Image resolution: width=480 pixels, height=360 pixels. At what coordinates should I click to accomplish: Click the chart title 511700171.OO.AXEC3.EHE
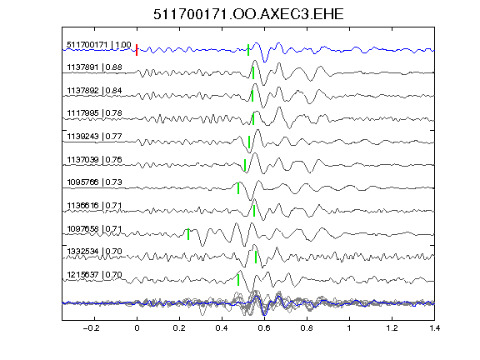(x=248, y=14)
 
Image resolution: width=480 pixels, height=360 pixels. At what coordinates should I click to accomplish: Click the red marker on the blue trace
(x=137, y=50)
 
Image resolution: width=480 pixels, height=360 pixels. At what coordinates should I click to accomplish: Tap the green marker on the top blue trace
(x=248, y=50)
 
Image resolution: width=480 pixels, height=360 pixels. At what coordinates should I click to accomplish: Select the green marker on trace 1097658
(x=188, y=234)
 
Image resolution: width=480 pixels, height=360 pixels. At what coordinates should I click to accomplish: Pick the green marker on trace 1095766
(x=238, y=188)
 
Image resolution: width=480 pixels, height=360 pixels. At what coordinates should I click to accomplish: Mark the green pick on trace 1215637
(x=238, y=280)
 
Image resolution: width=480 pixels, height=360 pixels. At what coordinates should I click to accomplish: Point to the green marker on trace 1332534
(x=256, y=257)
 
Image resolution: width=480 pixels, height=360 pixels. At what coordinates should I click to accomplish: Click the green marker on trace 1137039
(x=245, y=165)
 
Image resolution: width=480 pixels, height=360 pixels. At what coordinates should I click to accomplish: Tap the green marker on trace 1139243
(x=249, y=142)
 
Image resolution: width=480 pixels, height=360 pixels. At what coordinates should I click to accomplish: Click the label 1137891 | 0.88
(x=95, y=67)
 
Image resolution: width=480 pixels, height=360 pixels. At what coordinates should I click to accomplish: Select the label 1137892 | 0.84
(x=95, y=91)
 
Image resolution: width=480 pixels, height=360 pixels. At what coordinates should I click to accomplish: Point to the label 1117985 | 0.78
(x=95, y=113)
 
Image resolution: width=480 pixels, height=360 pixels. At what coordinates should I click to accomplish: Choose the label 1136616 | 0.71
(x=95, y=205)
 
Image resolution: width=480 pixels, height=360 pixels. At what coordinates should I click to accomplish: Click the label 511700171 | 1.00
(x=99, y=45)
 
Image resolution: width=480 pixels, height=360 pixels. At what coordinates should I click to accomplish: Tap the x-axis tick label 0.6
(x=264, y=328)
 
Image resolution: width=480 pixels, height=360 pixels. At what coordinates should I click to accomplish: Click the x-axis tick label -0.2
(x=91, y=328)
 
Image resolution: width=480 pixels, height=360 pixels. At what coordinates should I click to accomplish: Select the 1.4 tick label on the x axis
(x=434, y=328)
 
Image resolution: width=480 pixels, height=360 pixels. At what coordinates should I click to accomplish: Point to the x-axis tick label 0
(x=137, y=328)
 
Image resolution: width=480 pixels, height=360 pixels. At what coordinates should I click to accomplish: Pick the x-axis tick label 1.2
(x=392, y=328)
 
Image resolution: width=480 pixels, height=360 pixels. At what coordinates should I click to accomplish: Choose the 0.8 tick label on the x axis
(x=307, y=328)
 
